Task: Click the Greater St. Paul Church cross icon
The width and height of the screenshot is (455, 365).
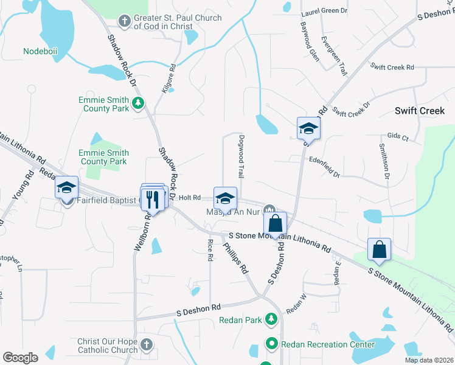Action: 125,22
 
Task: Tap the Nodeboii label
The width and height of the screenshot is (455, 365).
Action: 40,52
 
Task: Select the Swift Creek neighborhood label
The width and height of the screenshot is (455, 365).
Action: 420,111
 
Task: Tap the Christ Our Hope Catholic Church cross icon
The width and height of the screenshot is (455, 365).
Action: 145,346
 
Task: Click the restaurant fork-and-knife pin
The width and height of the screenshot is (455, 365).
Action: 153,198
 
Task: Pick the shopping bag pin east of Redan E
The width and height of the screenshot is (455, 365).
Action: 379,249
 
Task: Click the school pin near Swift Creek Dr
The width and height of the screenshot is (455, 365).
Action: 308,128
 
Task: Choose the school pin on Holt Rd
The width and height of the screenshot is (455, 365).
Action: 225,198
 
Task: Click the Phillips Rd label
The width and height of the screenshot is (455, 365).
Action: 235,258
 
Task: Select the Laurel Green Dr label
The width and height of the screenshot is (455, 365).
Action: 324,12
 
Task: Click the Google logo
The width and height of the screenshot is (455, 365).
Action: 20,358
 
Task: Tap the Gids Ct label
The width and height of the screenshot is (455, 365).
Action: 397,138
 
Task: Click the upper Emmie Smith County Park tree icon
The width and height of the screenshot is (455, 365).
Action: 139,102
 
